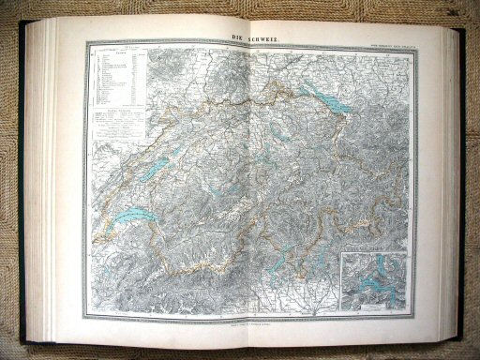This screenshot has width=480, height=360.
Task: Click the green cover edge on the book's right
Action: [x=460, y=178]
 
